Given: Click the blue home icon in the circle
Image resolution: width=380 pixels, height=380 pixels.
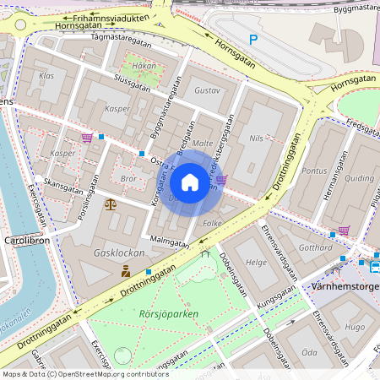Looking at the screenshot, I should click(190, 182).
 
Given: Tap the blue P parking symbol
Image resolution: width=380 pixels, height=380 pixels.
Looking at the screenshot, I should click(252, 39).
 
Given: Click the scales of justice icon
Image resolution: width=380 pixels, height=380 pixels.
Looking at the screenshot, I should click(111, 204).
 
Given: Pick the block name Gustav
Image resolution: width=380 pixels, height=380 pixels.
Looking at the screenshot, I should click(207, 90).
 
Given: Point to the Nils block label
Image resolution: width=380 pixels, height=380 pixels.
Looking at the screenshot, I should click(258, 137).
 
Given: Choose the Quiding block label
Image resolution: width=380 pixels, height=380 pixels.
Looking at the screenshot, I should click(359, 178).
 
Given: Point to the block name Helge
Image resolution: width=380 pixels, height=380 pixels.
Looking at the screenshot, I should click(256, 263).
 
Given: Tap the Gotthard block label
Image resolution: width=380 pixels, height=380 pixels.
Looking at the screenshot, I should click(315, 249).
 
